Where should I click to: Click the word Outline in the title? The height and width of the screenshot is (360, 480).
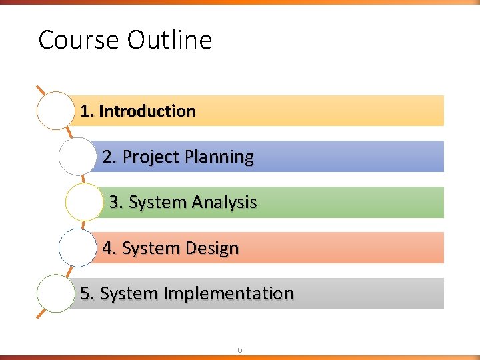169,40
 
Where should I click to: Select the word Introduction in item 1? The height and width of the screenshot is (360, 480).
147,111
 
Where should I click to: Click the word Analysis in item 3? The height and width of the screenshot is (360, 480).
224,203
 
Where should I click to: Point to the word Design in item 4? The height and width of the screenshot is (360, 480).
212,249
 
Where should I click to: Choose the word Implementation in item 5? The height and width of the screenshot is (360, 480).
229,294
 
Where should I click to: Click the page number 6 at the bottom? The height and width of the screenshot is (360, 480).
240,349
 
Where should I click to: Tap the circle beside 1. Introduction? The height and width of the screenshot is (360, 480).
55,111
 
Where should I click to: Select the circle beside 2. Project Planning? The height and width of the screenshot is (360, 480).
77,157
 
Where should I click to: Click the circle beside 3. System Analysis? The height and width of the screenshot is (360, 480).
85,202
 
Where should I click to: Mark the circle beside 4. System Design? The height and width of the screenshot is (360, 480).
77,248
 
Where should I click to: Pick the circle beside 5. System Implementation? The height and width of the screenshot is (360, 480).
55,293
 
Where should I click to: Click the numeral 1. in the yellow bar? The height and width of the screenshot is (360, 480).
87,111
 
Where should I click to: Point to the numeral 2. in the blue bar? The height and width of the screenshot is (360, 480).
109,157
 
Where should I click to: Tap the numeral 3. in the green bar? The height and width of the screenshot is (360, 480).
116,203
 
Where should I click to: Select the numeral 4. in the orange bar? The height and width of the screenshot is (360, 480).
109,249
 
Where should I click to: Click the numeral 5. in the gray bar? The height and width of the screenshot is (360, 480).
87,294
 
